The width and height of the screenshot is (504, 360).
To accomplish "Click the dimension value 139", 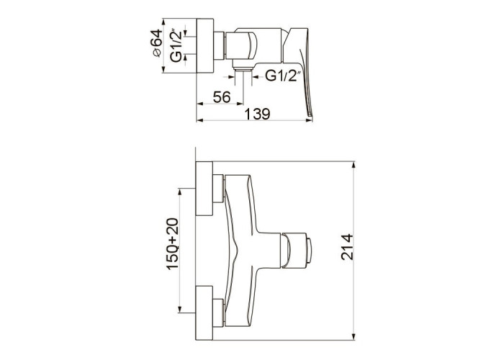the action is tap(258, 114).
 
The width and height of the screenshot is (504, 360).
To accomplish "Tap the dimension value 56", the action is tap(222, 97).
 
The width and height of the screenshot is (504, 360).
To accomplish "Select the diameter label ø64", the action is tap(156, 43).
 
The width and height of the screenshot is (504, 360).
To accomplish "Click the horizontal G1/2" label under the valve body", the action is tap(283, 76).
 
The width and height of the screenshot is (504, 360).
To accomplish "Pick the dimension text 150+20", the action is tap(172, 244).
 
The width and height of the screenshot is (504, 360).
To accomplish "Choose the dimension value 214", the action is tap(347, 247).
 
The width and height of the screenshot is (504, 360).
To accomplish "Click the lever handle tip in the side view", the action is tap(310, 114).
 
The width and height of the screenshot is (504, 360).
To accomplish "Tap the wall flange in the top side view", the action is tap(204, 45).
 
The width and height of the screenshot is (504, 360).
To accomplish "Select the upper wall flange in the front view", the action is tap(204, 189).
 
